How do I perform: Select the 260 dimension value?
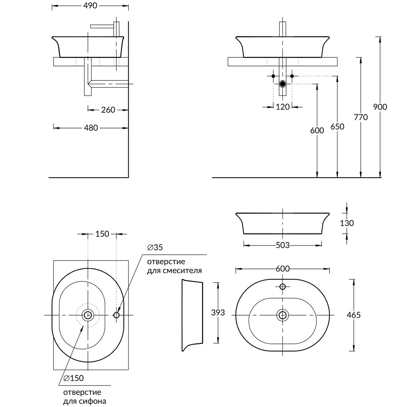[x=108, y=110]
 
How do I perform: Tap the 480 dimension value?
[x=91, y=128]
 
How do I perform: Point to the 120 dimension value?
[x=283, y=107]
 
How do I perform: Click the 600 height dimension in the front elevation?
[x=317, y=130]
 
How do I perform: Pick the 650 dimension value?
[x=337, y=127]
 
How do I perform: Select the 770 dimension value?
[x=361, y=117]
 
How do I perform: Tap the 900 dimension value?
[x=380, y=107]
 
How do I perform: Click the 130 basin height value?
[x=346, y=223]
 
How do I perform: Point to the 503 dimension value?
[x=283, y=245]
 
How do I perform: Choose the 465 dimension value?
[x=353, y=315]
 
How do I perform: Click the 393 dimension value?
[x=218, y=313]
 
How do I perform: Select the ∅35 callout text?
[x=155, y=248]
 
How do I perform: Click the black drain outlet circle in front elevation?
[x=283, y=84]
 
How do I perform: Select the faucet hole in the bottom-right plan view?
[x=283, y=287]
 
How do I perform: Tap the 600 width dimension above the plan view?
[x=283, y=269]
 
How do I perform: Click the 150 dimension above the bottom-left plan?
[x=102, y=234]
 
